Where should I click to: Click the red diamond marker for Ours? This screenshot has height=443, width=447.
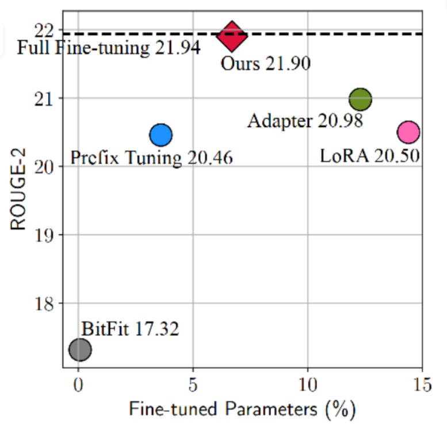(x=232, y=36)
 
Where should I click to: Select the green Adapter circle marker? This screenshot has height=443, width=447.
(x=360, y=99)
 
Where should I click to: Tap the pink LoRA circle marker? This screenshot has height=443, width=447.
(x=408, y=132)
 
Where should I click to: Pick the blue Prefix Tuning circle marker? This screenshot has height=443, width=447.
(x=161, y=135)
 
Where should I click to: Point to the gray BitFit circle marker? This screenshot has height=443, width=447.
(x=80, y=349)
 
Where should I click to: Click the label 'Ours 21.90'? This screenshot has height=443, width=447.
(x=265, y=63)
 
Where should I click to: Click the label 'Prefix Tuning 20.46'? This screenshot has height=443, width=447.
(x=151, y=157)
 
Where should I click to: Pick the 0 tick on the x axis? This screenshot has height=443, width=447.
(x=78, y=384)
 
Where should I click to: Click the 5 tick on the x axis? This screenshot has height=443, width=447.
(x=193, y=384)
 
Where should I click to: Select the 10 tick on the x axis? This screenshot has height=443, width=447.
(x=308, y=384)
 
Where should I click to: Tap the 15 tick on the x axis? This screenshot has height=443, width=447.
(x=422, y=384)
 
